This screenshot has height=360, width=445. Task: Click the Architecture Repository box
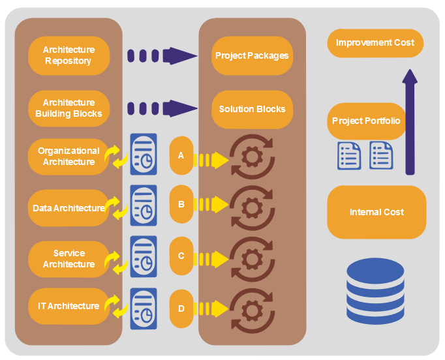pos(69,55)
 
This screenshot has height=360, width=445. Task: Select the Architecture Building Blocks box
pos(69,108)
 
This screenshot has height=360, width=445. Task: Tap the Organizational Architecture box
pos(69,157)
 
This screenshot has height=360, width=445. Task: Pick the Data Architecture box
pos(69,208)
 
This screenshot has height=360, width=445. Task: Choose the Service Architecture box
pos(69,259)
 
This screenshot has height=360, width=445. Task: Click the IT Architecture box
pos(69,306)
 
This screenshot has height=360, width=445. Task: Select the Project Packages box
pos(252,55)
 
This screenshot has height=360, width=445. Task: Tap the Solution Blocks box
pos(252,109)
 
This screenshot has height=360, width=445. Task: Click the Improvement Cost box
pos(375,43)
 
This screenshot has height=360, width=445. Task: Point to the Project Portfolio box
pos(366,121)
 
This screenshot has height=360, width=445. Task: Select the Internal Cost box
pos(376,213)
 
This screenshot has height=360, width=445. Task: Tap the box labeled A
pos(181,157)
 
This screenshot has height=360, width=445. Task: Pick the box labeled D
pos(181,307)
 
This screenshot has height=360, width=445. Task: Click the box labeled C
pos(181,256)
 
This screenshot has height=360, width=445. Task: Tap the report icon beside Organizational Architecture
pos(144,154)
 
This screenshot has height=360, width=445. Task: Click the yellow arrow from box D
pos(213,307)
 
